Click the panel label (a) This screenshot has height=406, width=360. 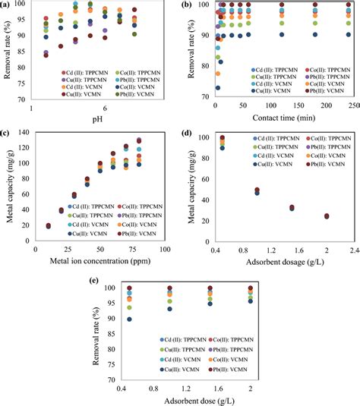7,5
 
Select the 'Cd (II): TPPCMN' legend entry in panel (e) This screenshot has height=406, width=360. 160,340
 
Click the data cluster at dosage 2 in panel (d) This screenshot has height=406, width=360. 327,216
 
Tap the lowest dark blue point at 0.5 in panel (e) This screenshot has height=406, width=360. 129,319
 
